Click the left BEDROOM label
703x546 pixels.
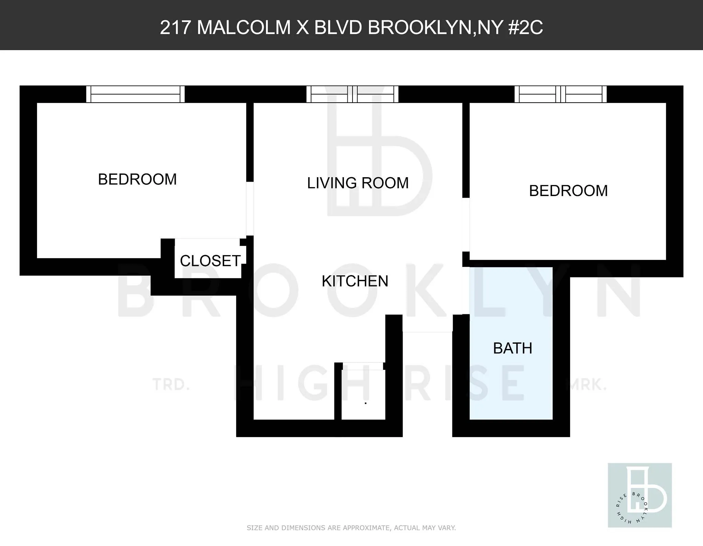(137, 179)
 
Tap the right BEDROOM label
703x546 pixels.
(568, 191)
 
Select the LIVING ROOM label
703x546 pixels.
(358, 183)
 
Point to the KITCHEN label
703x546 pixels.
(355, 281)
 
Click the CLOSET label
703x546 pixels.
(210, 261)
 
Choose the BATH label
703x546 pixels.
(512, 348)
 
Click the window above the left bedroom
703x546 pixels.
(135, 94)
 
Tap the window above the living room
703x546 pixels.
(352, 94)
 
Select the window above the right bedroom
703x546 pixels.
(561, 94)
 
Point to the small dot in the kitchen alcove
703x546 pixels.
(366, 403)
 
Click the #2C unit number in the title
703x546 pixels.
(526, 27)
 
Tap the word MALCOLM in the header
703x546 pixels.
(244, 27)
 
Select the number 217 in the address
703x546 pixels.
(175, 27)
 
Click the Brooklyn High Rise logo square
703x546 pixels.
(639, 495)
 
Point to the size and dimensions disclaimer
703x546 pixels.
(351, 528)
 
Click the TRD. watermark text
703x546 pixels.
(171, 385)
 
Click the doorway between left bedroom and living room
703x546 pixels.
(250, 208)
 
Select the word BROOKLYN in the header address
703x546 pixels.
(419, 27)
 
